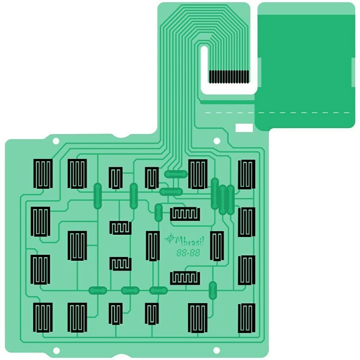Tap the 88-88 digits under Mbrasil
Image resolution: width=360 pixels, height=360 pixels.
pyautogui.click(x=188, y=253)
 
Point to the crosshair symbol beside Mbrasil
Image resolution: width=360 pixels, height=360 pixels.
pyautogui.click(x=170, y=238)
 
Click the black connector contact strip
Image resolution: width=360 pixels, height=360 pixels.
pyautogui.click(x=229, y=77)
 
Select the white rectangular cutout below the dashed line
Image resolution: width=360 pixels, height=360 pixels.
pyautogui.click(x=244, y=128)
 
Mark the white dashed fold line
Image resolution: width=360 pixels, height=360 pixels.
pyautogui.click(x=277, y=113)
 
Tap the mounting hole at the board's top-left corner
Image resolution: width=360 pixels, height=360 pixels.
pyautogui.click(x=56, y=141)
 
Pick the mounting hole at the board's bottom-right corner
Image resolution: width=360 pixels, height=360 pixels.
pyautogui.click(x=216, y=350)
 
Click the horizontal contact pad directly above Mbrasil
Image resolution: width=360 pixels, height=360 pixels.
pyautogui.click(x=185, y=214)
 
